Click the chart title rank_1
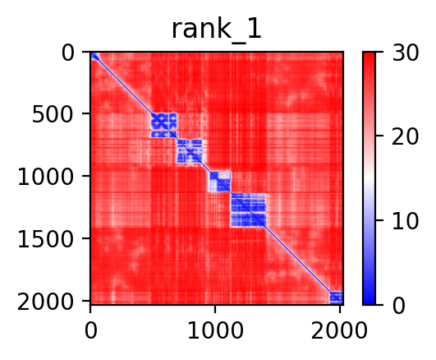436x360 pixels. click(x=216, y=30)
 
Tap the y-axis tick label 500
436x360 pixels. click(x=53, y=114)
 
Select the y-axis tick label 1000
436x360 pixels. click(x=46, y=177)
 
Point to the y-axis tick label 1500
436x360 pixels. click(x=46, y=239)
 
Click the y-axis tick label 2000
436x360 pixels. click(x=46, y=302)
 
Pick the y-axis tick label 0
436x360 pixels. click(x=68, y=53)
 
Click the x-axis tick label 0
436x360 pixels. click(x=91, y=330)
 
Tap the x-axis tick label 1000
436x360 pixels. click(x=215, y=330)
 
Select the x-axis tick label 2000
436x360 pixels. click(x=339, y=330)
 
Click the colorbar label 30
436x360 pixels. click(x=405, y=53)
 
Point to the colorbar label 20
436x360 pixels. click(x=405, y=136)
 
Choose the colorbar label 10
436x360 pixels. click(x=405, y=221)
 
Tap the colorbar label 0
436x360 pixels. click(x=399, y=306)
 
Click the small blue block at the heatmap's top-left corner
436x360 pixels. click(x=95, y=57)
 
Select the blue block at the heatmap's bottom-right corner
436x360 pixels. click(x=336, y=298)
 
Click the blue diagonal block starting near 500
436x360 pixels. click(x=163, y=125)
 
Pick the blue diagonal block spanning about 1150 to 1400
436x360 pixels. click(x=249, y=210)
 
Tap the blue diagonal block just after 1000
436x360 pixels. click(x=220, y=182)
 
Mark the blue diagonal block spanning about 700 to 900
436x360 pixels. click(x=190, y=151)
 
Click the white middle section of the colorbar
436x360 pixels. click(x=369, y=178)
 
